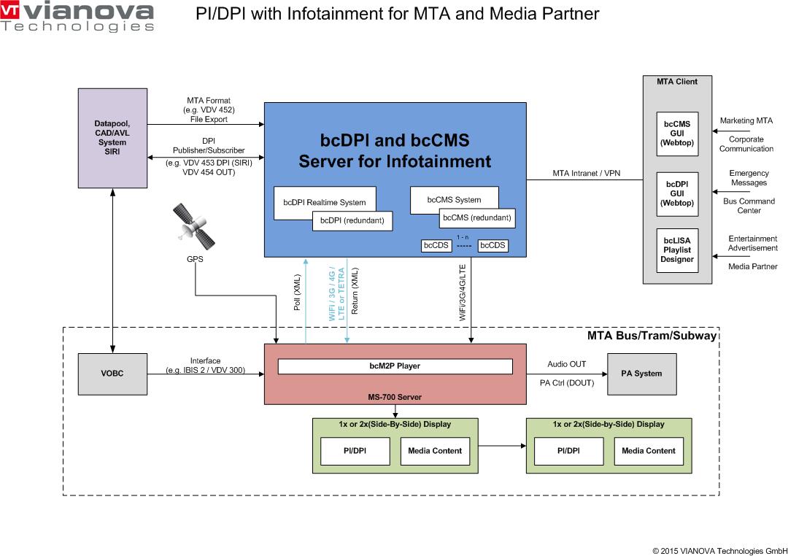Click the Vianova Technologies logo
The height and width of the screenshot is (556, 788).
[77, 17]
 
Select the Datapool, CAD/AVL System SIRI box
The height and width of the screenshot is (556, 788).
[112, 138]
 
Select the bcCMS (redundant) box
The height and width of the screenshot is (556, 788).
[476, 217]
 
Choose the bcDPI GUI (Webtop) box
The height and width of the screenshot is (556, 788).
[676, 194]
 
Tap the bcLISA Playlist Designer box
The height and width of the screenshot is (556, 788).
[676, 250]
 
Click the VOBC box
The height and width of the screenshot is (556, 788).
[112, 374]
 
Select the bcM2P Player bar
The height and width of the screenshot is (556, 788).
[395, 366]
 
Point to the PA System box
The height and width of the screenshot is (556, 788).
[641, 374]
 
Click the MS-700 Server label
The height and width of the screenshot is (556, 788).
[395, 397]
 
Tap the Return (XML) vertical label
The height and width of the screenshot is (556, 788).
[355, 290]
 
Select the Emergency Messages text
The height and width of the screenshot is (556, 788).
[749, 178]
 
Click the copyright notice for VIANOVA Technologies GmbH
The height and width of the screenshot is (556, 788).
[719, 550]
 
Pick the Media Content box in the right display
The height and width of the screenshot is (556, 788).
[649, 451]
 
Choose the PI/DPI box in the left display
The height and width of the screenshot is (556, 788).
[355, 451]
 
